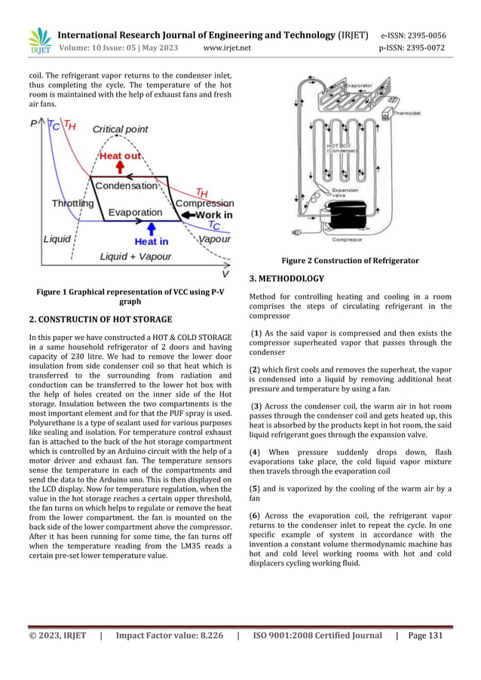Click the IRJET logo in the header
coord(39,41)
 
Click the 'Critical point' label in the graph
coord(120,130)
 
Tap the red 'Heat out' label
coord(120,155)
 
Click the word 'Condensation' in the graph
coord(126,185)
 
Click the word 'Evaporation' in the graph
coord(134,213)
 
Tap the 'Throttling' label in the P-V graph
coord(72,203)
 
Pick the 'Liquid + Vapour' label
coord(136,256)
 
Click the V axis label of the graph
coord(225,274)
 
